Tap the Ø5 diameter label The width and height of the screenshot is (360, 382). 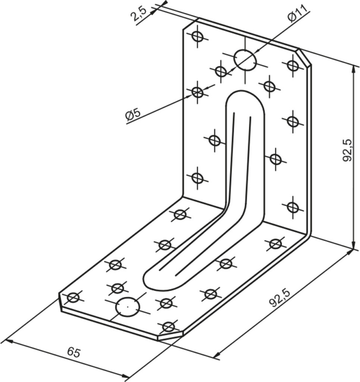coord(133,115)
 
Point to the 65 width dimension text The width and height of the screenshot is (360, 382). coord(74,353)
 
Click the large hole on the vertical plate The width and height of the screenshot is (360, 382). coord(245,60)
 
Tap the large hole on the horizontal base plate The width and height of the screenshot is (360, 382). coord(128,307)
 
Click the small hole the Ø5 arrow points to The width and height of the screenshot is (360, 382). coord(197,93)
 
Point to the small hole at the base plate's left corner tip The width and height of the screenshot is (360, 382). coord(73,297)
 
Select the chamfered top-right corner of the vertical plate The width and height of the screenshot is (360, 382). coord(304,57)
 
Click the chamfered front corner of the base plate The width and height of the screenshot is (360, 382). coord(170,335)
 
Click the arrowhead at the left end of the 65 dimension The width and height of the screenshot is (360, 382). coord(9,341)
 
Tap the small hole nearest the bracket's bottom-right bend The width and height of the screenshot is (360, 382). coord(275,243)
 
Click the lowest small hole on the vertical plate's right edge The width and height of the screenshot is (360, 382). coord(292,207)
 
